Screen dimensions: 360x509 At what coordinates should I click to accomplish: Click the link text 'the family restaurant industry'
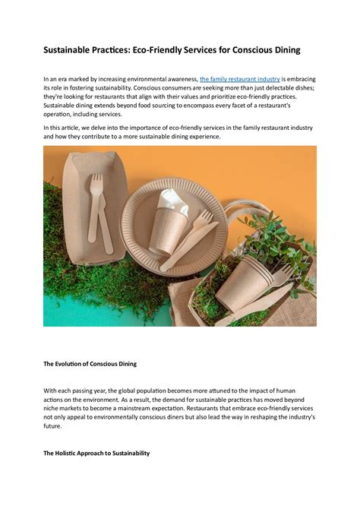pyautogui.click(x=239, y=79)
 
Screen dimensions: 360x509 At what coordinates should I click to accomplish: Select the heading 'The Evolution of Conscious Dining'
pyautogui.click(x=90, y=364)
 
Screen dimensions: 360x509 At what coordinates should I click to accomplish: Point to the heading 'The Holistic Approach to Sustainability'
pyautogui.click(x=96, y=454)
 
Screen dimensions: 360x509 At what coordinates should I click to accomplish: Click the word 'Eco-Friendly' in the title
pyautogui.click(x=149, y=50)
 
